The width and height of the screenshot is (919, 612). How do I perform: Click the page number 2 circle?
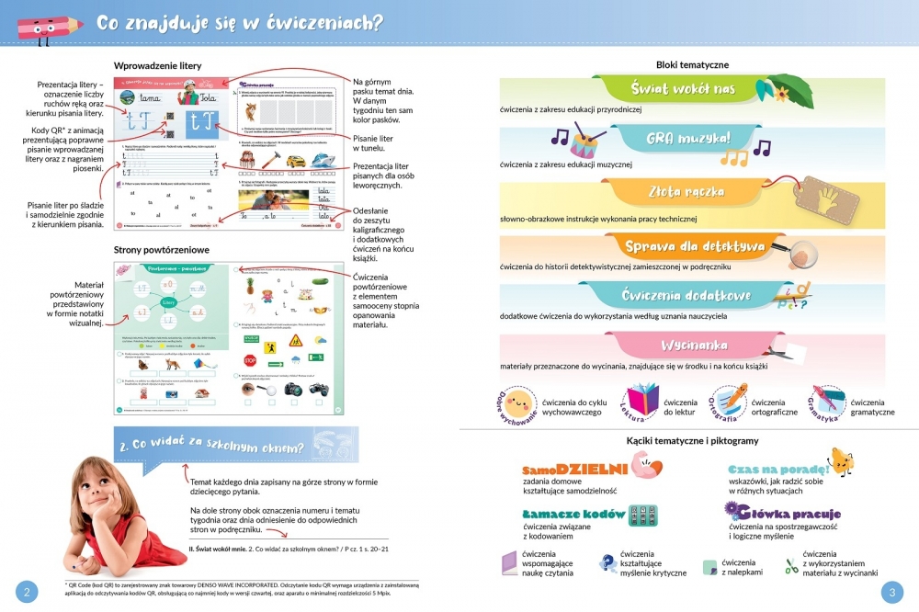pos(26,592)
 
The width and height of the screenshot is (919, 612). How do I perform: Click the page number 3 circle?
pos(892,592)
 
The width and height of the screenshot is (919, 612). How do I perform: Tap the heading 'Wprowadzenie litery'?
pos(157,66)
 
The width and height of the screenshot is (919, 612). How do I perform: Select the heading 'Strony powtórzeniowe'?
pos(162,250)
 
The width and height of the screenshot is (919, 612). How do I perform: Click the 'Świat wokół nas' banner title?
pos(684,89)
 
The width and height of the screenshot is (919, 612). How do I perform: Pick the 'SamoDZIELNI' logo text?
pos(574,468)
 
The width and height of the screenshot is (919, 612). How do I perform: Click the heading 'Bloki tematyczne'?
pos(693,64)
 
